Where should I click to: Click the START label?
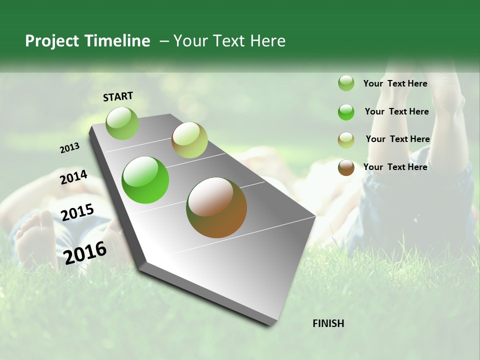[118, 96]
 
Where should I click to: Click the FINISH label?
[328, 323]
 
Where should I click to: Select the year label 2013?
[69, 148]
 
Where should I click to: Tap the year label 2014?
[73, 177]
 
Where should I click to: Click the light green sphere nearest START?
[122, 123]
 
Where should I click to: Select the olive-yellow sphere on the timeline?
[189, 140]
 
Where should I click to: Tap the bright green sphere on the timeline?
[145, 180]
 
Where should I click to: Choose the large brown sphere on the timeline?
[216, 207]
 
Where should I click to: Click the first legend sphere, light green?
[346, 83]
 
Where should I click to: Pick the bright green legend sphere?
[346, 112]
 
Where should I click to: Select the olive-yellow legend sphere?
[346, 140]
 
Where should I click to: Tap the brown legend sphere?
[346, 167]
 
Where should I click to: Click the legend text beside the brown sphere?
[395, 167]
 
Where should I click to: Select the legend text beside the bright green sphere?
[396, 111]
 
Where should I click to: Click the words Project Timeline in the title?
[87, 41]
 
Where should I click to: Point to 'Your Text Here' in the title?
[229, 41]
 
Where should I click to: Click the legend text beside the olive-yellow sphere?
[397, 139]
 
